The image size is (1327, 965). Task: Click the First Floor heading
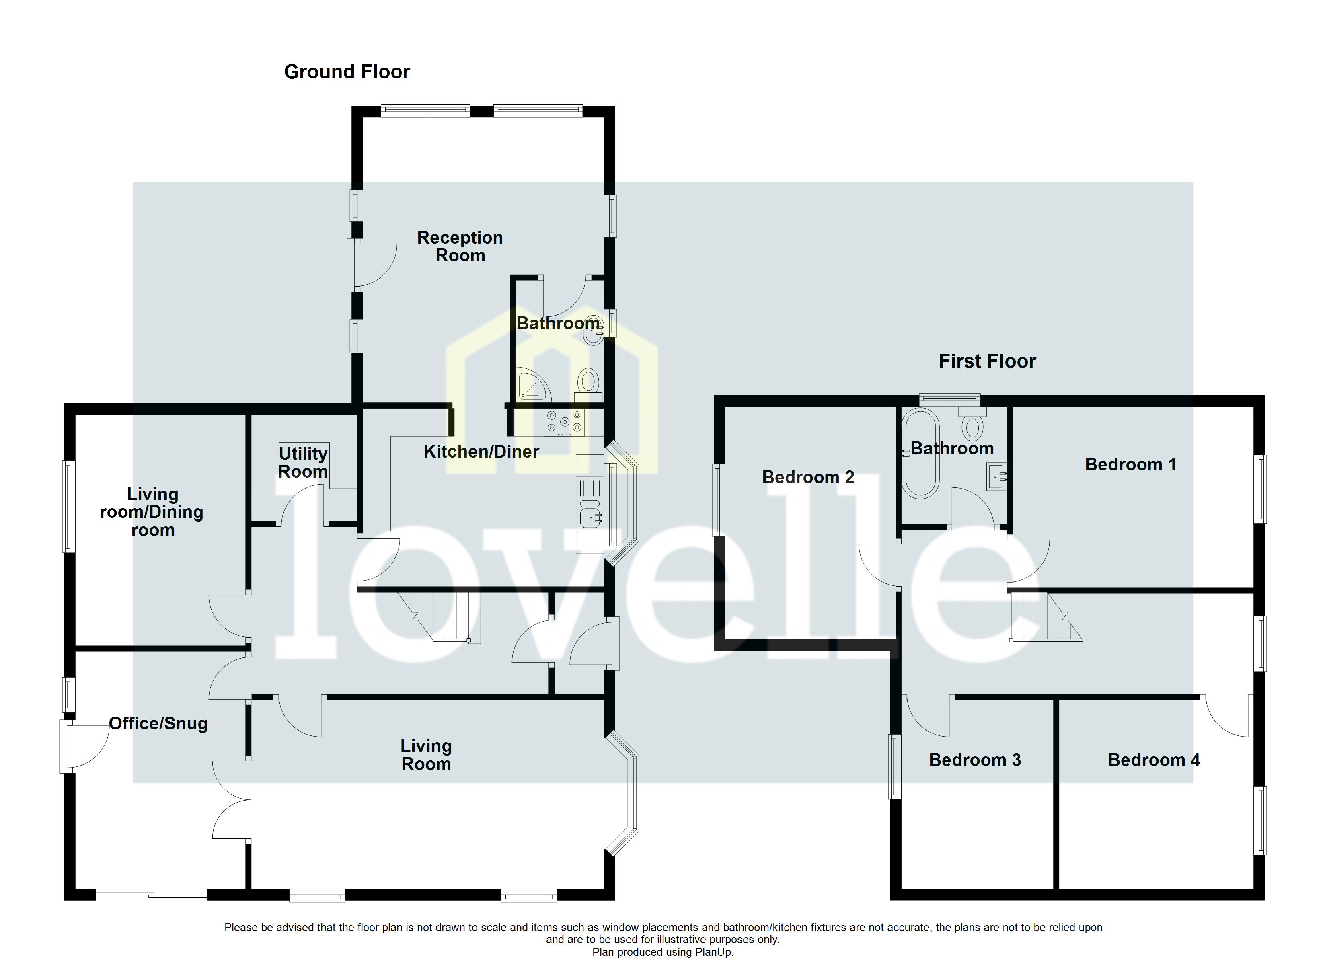[x=987, y=361]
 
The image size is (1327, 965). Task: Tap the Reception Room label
[x=460, y=246]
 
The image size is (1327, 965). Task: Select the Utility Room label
[x=302, y=462]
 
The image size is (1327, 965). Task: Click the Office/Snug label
[x=158, y=723]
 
